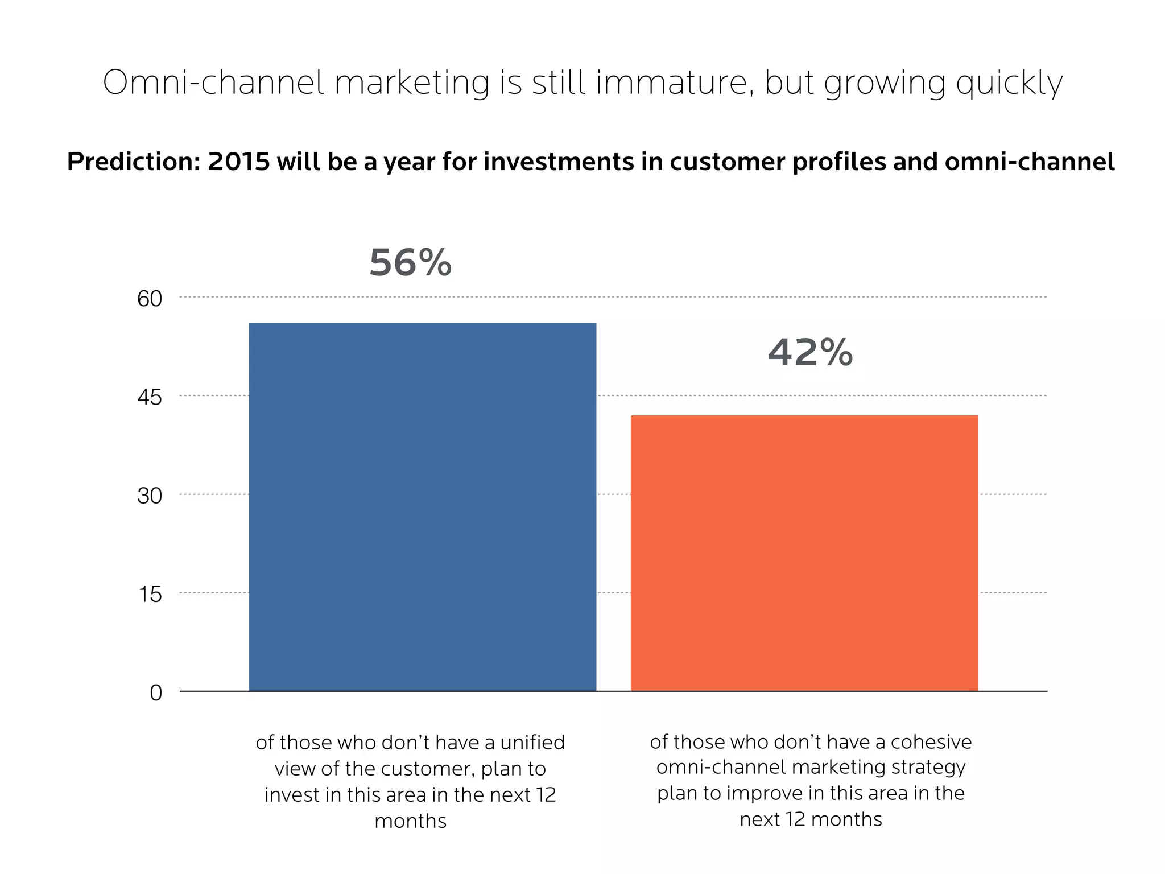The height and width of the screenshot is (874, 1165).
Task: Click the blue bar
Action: [x=423, y=506]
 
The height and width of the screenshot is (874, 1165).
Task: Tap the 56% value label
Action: [x=410, y=263]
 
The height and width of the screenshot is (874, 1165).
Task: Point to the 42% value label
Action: [x=810, y=352]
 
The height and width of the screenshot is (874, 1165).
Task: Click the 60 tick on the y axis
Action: [x=150, y=299]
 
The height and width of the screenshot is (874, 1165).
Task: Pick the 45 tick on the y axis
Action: [x=150, y=397]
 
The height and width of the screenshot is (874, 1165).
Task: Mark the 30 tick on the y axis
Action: [x=150, y=496]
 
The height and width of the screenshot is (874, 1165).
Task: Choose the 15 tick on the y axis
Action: [x=150, y=595]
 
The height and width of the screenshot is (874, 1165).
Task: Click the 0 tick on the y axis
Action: [x=156, y=693]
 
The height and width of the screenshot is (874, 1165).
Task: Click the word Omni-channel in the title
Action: [x=213, y=83]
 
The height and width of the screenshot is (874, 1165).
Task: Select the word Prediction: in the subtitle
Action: [x=134, y=162]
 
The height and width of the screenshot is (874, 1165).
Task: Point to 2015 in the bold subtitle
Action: [x=239, y=162]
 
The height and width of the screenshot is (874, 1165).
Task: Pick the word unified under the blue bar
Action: [x=532, y=743]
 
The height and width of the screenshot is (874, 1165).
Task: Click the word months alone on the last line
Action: [x=410, y=821]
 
